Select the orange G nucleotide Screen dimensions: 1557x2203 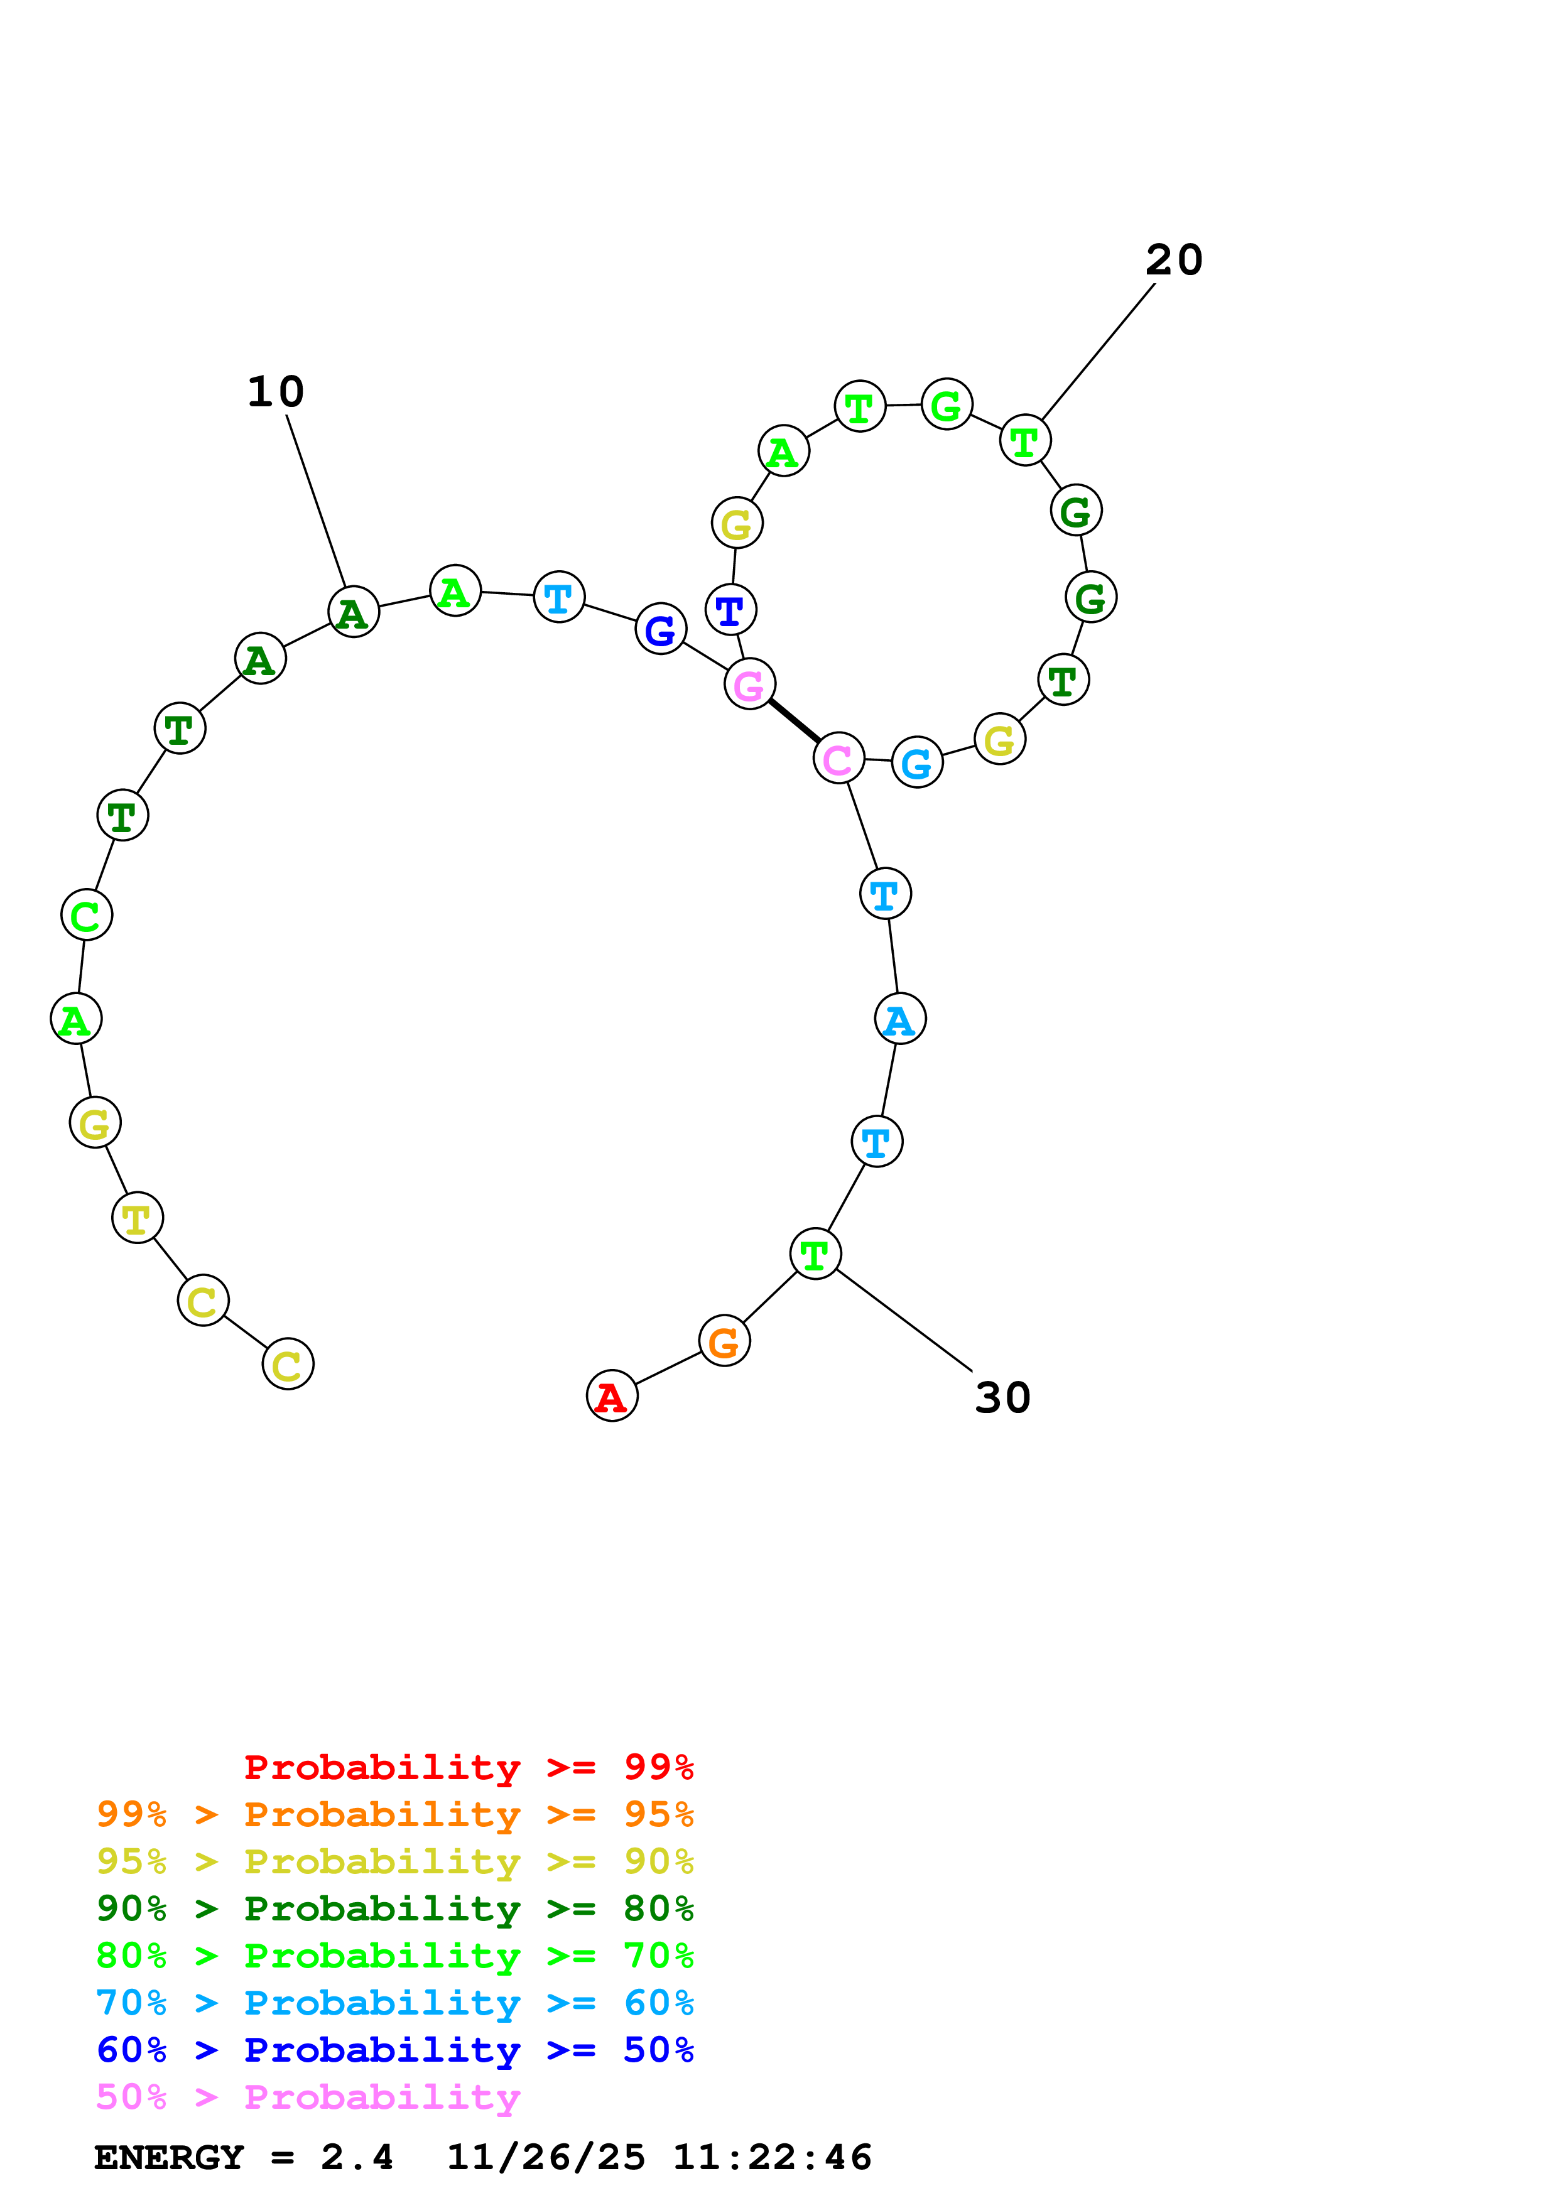(724, 1341)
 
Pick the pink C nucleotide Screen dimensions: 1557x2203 (838, 759)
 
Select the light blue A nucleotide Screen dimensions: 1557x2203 (900, 1019)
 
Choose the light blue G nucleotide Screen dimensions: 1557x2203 (917, 763)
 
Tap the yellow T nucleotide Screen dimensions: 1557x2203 (137, 1218)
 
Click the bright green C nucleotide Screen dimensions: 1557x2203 (86, 916)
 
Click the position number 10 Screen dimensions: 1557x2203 (275, 391)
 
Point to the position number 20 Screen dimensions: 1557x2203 (1173, 260)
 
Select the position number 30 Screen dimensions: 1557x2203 (1002, 1398)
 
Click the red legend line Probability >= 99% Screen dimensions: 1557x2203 (468, 1767)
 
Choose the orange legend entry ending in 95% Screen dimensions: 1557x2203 (394, 1814)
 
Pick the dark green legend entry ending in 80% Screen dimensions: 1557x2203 (394, 1908)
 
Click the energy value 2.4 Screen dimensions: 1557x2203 (357, 2158)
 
